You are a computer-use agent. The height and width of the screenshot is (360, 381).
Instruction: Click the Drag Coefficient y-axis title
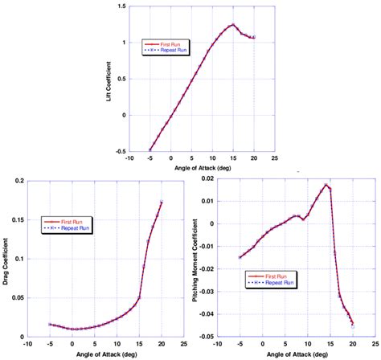[x=6, y=259]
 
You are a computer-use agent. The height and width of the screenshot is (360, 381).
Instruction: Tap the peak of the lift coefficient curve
[x=232, y=24]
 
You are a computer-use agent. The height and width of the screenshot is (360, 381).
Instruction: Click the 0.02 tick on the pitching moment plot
[x=207, y=181]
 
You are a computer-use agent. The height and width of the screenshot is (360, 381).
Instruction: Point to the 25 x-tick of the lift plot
[x=276, y=159]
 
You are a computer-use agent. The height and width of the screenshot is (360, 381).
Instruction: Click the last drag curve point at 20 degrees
[x=161, y=202]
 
